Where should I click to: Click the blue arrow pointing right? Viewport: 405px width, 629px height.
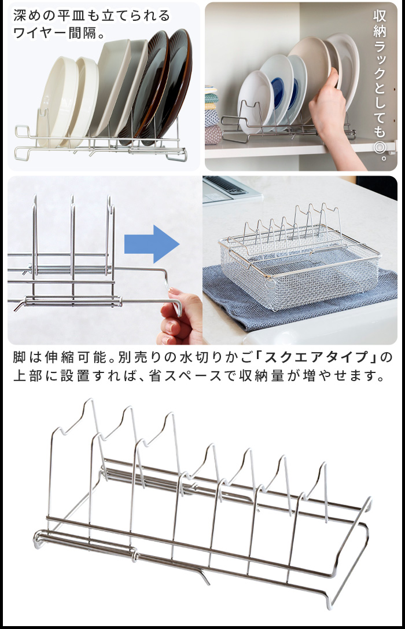point(152,244)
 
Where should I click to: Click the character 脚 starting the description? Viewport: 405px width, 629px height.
point(20,357)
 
